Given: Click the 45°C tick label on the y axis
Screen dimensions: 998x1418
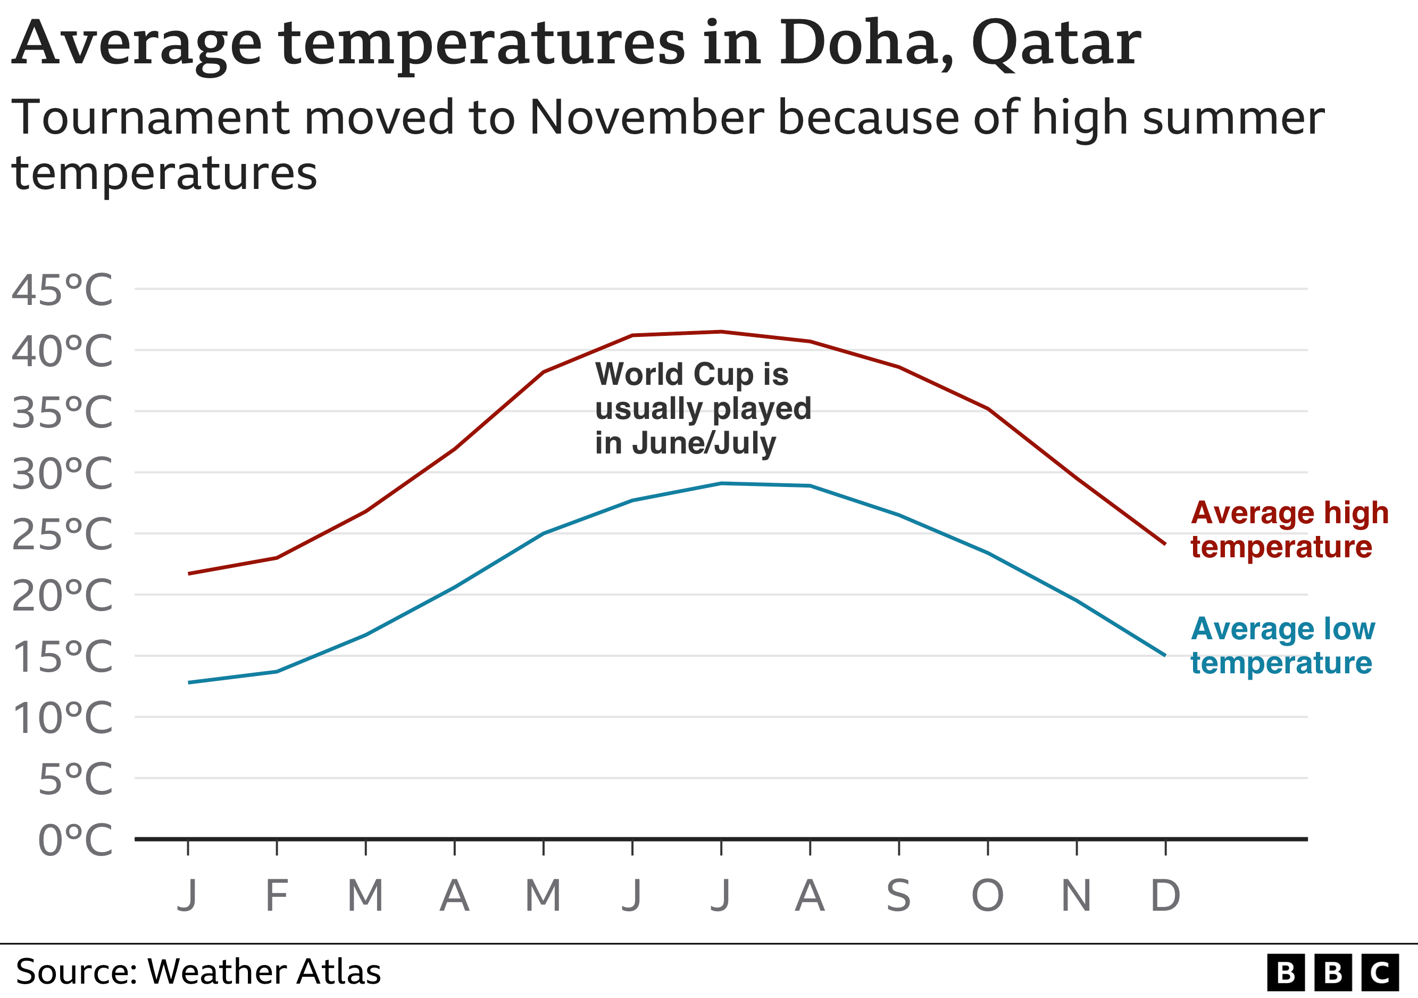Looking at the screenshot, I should (x=62, y=290).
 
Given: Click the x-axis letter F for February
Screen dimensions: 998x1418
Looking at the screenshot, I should (x=277, y=895).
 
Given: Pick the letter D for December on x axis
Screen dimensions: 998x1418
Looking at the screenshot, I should (x=1165, y=895).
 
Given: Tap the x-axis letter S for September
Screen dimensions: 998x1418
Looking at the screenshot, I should (x=898, y=895).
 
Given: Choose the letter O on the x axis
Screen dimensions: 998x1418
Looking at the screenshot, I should (x=988, y=895).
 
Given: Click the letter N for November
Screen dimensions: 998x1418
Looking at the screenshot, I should (x=1077, y=895).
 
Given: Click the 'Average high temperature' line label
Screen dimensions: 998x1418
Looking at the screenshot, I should (x=1289, y=530).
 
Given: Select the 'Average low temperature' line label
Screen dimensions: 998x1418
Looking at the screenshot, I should (x=1283, y=646).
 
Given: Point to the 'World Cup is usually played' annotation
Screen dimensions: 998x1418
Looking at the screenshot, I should (x=702, y=408).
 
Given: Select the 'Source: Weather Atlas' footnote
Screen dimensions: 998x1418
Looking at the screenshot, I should (x=198, y=971).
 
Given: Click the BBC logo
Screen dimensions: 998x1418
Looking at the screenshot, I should (x=1332, y=972).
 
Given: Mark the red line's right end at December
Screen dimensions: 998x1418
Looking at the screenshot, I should (x=1165, y=544).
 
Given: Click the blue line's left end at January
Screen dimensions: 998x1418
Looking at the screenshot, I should (x=189, y=682).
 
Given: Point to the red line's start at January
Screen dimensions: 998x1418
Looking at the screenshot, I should (x=189, y=573).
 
